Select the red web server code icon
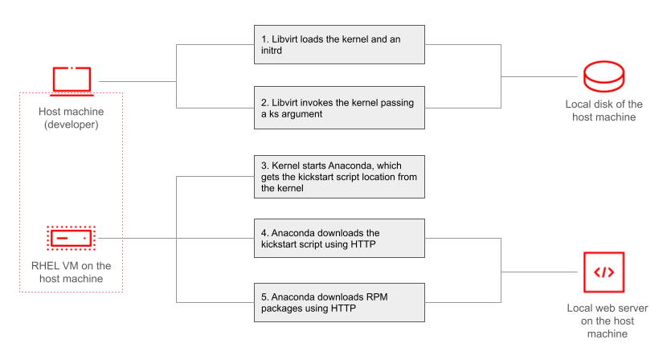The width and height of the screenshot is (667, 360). (x=604, y=272)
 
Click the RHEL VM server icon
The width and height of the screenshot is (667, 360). (x=71, y=238)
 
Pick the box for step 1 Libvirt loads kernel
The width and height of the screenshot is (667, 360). (x=338, y=44)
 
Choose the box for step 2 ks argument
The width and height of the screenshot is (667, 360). (x=338, y=107)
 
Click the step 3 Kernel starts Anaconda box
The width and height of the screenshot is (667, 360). (x=338, y=177)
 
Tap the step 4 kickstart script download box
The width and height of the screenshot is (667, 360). (x=338, y=237)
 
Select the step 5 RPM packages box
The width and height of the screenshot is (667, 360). (x=338, y=301)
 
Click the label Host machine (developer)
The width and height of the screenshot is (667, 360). (x=71, y=117)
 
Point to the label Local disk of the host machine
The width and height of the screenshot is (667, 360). (x=604, y=111)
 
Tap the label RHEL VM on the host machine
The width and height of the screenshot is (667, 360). (x=71, y=272)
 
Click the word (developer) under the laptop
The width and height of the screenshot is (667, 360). (x=71, y=124)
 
